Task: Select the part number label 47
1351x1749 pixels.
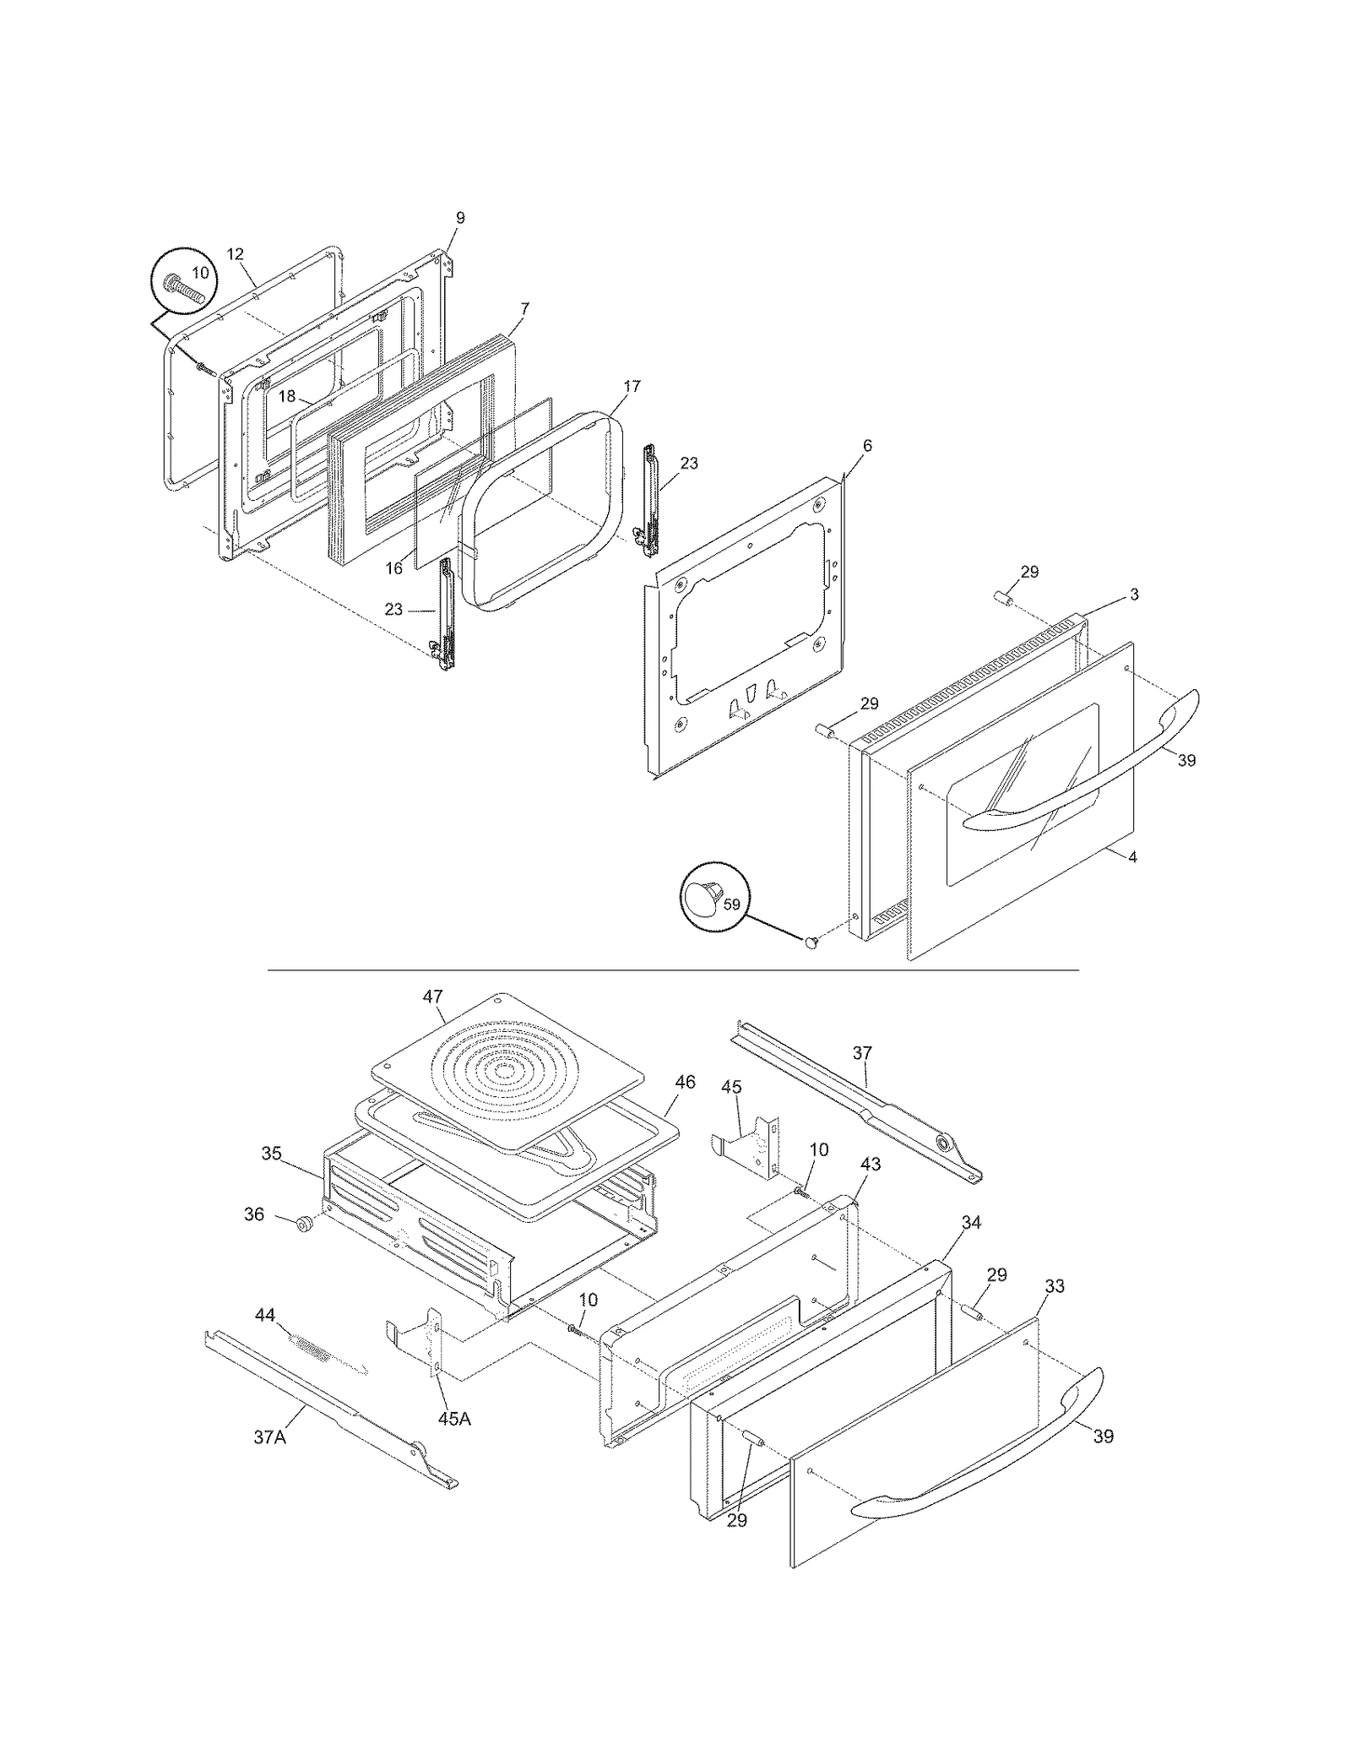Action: [x=432, y=997]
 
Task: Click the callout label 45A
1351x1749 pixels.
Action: [x=453, y=1419]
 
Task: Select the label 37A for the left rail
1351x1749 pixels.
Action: [x=269, y=1437]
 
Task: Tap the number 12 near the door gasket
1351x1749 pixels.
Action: [x=235, y=253]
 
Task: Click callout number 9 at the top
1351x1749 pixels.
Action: [x=460, y=218]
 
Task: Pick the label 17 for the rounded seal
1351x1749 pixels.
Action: [x=632, y=386]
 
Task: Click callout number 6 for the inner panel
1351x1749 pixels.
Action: [x=867, y=446]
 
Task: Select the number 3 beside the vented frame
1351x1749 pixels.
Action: [x=1134, y=595]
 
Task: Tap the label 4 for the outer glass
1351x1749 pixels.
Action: [x=1132, y=857]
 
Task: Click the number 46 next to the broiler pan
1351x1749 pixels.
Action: [x=685, y=1082]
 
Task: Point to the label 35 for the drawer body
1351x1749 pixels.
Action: [x=271, y=1154]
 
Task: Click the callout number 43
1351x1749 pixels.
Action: [x=871, y=1165]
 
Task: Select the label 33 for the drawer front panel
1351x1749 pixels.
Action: [x=1054, y=1286]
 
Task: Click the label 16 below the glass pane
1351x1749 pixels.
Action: [x=394, y=568]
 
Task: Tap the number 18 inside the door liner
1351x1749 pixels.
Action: [x=287, y=396]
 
